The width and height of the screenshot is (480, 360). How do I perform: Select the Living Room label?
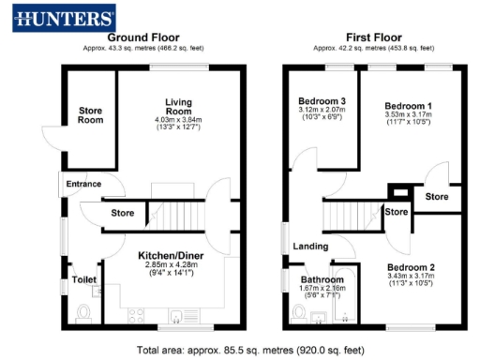point(179,107)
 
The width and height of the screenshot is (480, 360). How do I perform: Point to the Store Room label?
point(90,114)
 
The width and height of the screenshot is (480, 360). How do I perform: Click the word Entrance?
point(83,184)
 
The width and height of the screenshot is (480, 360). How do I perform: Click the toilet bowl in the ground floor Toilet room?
point(82,313)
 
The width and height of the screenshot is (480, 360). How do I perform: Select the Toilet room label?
point(84,279)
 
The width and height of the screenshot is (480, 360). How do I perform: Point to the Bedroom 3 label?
point(322,101)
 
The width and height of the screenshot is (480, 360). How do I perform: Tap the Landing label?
point(309,247)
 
